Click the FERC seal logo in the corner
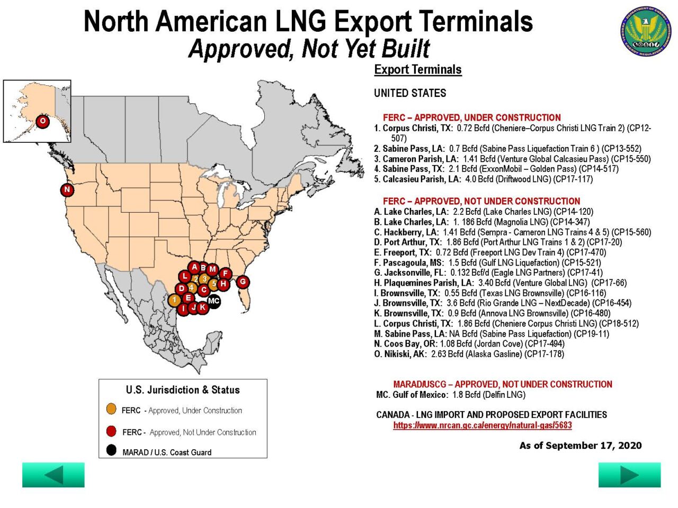pyautogui.click(x=646, y=31)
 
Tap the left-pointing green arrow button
pyautogui.click(x=53, y=475)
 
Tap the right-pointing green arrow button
pyautogui.click(x=629, y=475)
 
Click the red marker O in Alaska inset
pyautogui.click(x=42, y=121)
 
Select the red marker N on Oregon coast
pyautogui.click(x=67, y=189)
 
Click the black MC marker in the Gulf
pyautogui.click(x=213, y=301)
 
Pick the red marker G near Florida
pyautogui.click(x=243, y=282)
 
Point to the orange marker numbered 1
pyautogui.click(x=174, y=300)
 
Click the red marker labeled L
pyautogui.click(x=184, y=276)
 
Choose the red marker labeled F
pyautogui.click(x=225, y=273)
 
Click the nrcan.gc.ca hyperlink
pyautogui.click(x=482, y=425)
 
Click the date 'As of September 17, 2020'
pyautogui.click(x=580, y=446)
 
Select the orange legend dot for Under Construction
pyautogui.click(x=111, y=409)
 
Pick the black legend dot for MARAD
pyautogui.click(x=111, y=450)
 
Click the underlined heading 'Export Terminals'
pyautogui.click(x=417, y=70)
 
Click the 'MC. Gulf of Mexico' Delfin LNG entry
pyautogui.click(x=450, y=395)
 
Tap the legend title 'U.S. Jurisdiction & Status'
pyautogui.click(x=183, y=390)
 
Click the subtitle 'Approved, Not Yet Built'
pyautogui.click(x=309, y=49)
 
